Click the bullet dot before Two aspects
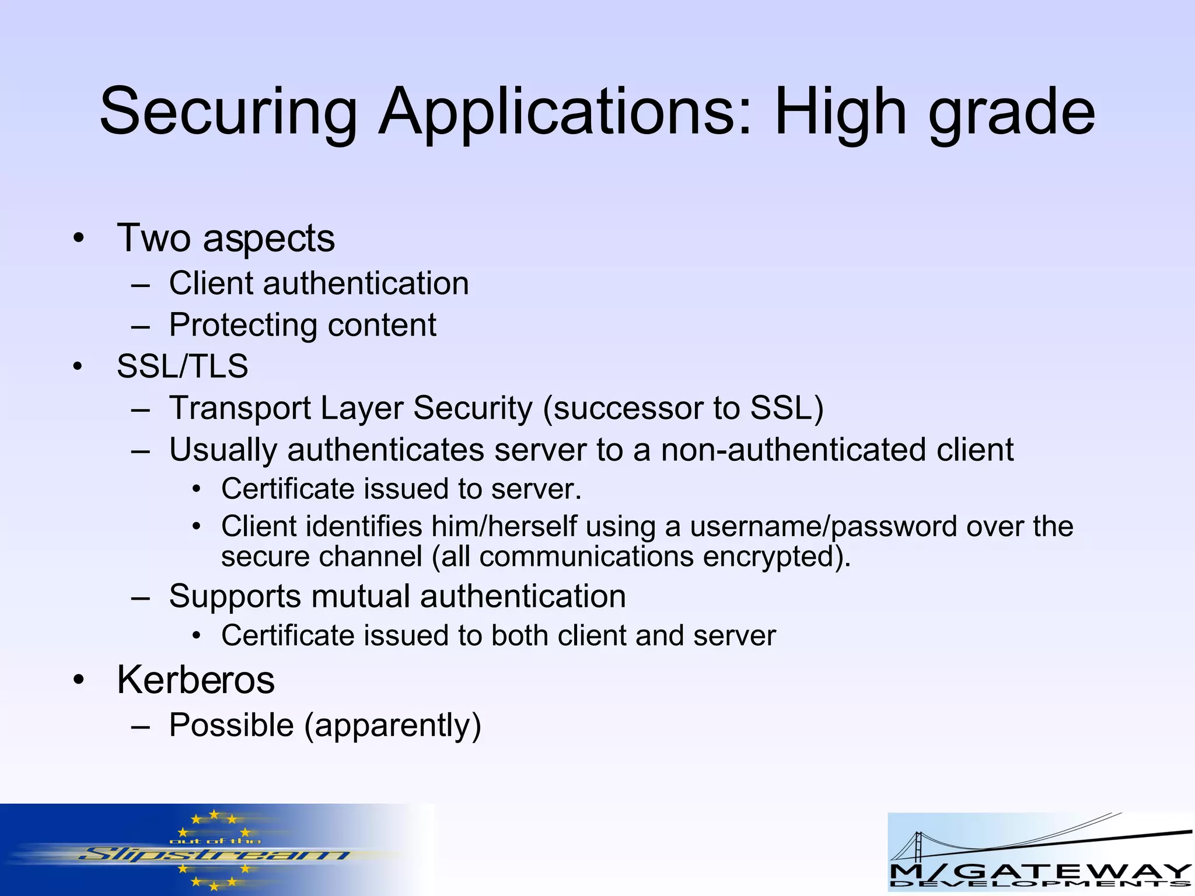click(79, 239)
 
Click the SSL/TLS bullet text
click(182, 366)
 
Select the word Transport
click(240, 408)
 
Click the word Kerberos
click(195, 680)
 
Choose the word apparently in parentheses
click(393, 725)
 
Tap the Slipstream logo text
click(213, 856)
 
